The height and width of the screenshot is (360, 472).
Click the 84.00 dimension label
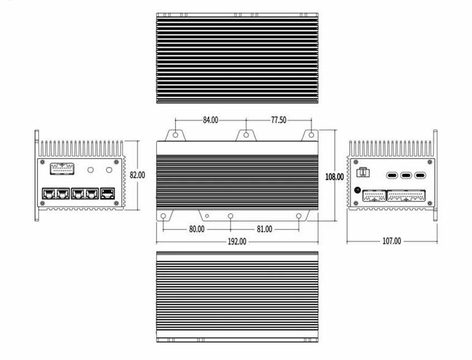(210, 120)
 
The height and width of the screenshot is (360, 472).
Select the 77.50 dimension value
(279, 120)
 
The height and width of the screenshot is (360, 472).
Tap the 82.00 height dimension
(137, 175)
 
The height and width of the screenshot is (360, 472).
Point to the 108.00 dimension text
(334, 177)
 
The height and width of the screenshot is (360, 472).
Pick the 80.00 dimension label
(197, 229)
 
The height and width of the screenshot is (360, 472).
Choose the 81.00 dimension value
(264, 229)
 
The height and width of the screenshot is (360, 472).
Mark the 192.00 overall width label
(237, 242)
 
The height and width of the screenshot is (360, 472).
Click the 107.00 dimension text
(392, 241)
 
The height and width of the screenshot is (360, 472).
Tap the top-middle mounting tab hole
(246, 135)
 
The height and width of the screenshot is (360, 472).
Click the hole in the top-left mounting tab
(176, 135)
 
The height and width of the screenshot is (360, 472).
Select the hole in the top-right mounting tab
(311, 135)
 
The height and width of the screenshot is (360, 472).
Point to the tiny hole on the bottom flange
(207, 216)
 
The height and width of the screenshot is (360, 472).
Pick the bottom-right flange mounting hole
(299, 216)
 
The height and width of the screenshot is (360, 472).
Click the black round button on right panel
(358, 190)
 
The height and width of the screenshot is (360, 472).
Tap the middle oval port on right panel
(406, 175)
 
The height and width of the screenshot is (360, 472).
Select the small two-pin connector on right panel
(363, 172)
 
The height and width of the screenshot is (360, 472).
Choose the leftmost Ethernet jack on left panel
(49, 194)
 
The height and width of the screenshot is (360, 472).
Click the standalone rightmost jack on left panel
(108, 194)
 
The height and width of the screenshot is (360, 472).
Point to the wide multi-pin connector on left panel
(62, 169)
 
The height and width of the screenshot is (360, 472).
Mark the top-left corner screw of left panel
(42, 162)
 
